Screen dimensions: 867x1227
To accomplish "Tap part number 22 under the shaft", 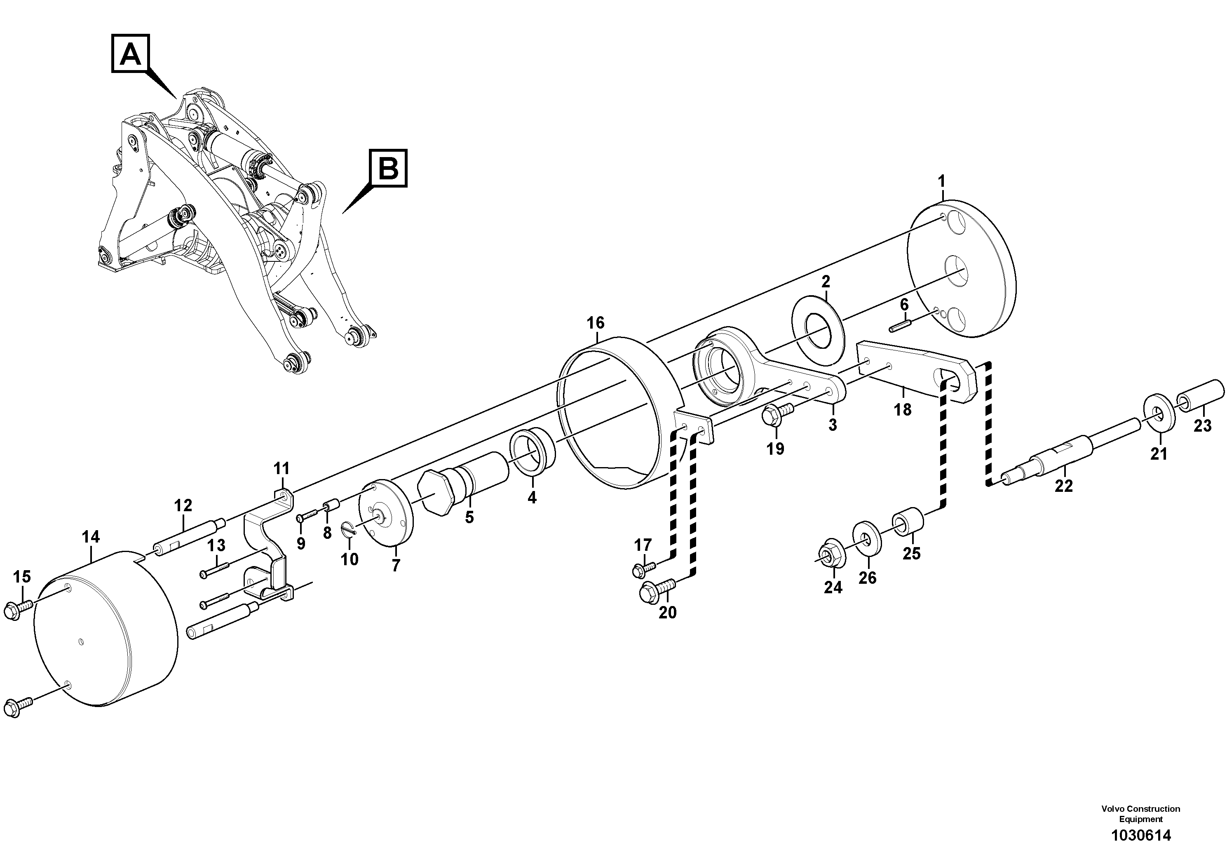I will [1063, 486].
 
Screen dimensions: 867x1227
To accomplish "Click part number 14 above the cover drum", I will [91, 537].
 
